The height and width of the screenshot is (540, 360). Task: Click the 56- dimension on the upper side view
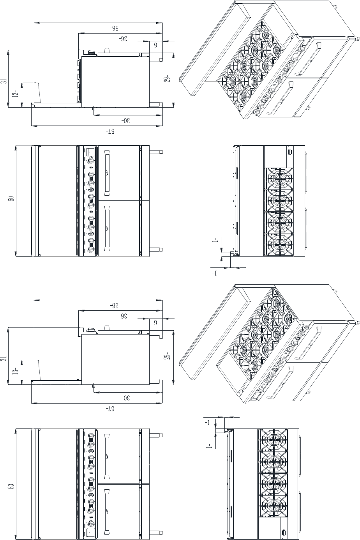(x=115, y=28)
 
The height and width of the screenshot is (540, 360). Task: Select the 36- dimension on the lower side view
(x=123, y=316)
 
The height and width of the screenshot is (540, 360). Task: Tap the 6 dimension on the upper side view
(x=156, y=45)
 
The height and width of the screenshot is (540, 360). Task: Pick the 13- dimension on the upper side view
(x=16, y=93)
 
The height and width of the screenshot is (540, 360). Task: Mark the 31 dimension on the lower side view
(x=5, y=358)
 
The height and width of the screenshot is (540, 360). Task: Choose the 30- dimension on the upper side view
(x=125, y=120)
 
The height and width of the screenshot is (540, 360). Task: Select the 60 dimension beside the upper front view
(x=11, y=199)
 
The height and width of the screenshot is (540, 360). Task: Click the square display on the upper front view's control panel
(x=91, y=152)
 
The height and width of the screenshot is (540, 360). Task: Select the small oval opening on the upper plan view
(x=290, y=152)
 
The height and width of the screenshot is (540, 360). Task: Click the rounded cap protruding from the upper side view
(x=107, y=50)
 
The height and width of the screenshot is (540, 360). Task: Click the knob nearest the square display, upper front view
(x=91, y=160)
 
